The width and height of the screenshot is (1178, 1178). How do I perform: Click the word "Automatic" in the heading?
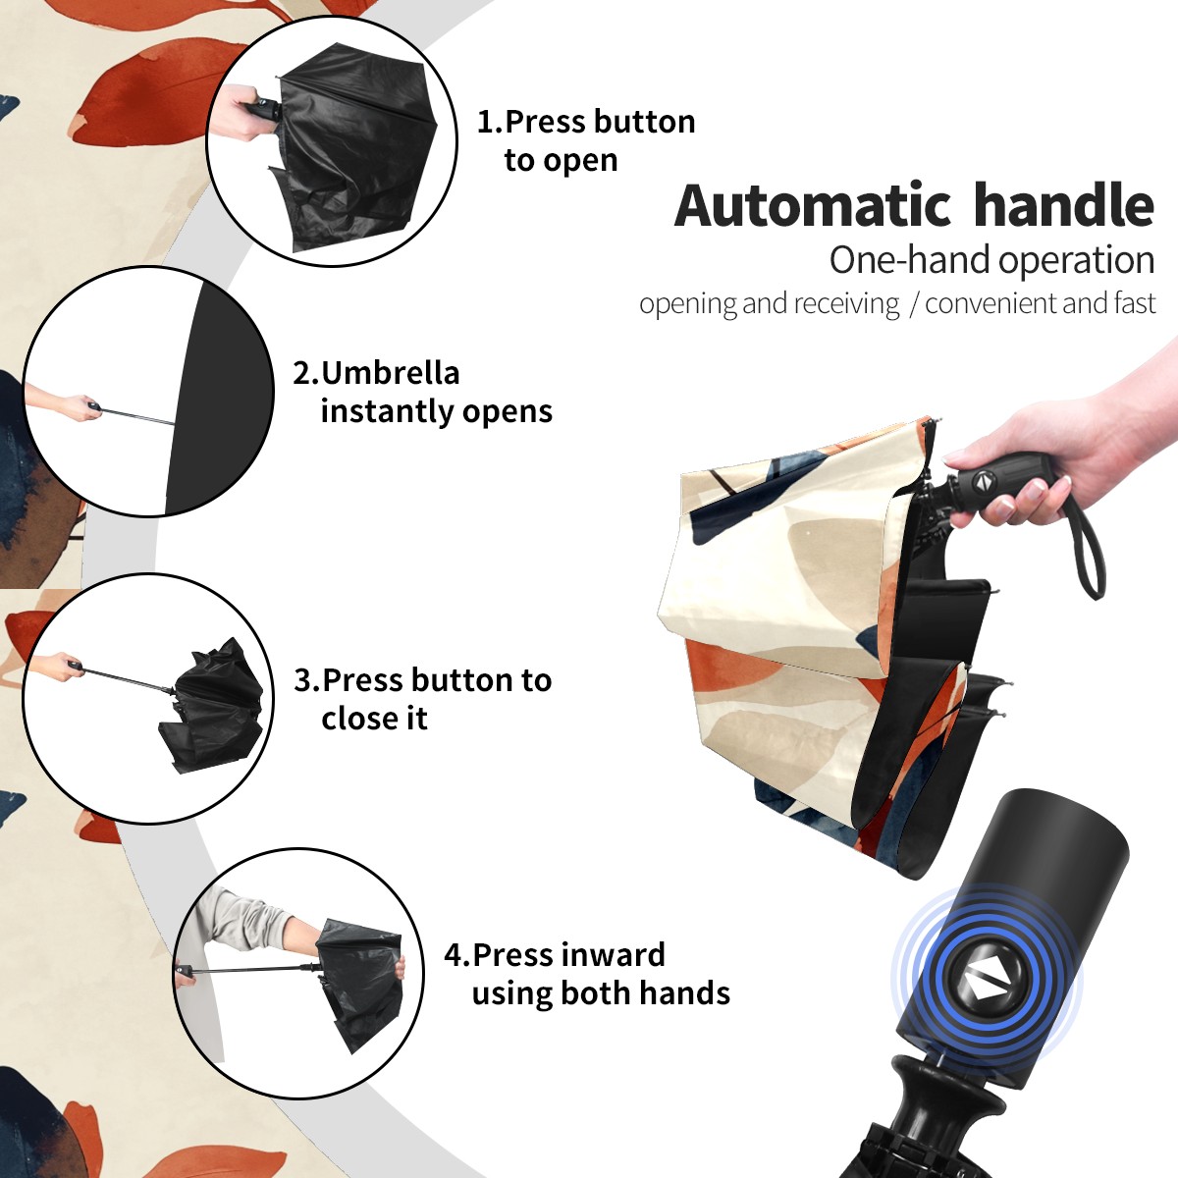click(x=813, y=206)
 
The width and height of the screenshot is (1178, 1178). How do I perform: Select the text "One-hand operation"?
click(x=991, y=260)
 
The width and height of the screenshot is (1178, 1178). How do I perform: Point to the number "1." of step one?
click(x=490, y=122)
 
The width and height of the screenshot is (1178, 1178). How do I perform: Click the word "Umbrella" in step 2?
click(x=390, y=373)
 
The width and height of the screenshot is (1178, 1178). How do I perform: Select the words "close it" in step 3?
click(x=374, y=719)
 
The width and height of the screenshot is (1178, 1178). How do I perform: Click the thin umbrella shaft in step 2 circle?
click(x=135, y=417)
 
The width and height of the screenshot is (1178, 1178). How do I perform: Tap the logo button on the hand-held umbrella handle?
click(x=981, y=480)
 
